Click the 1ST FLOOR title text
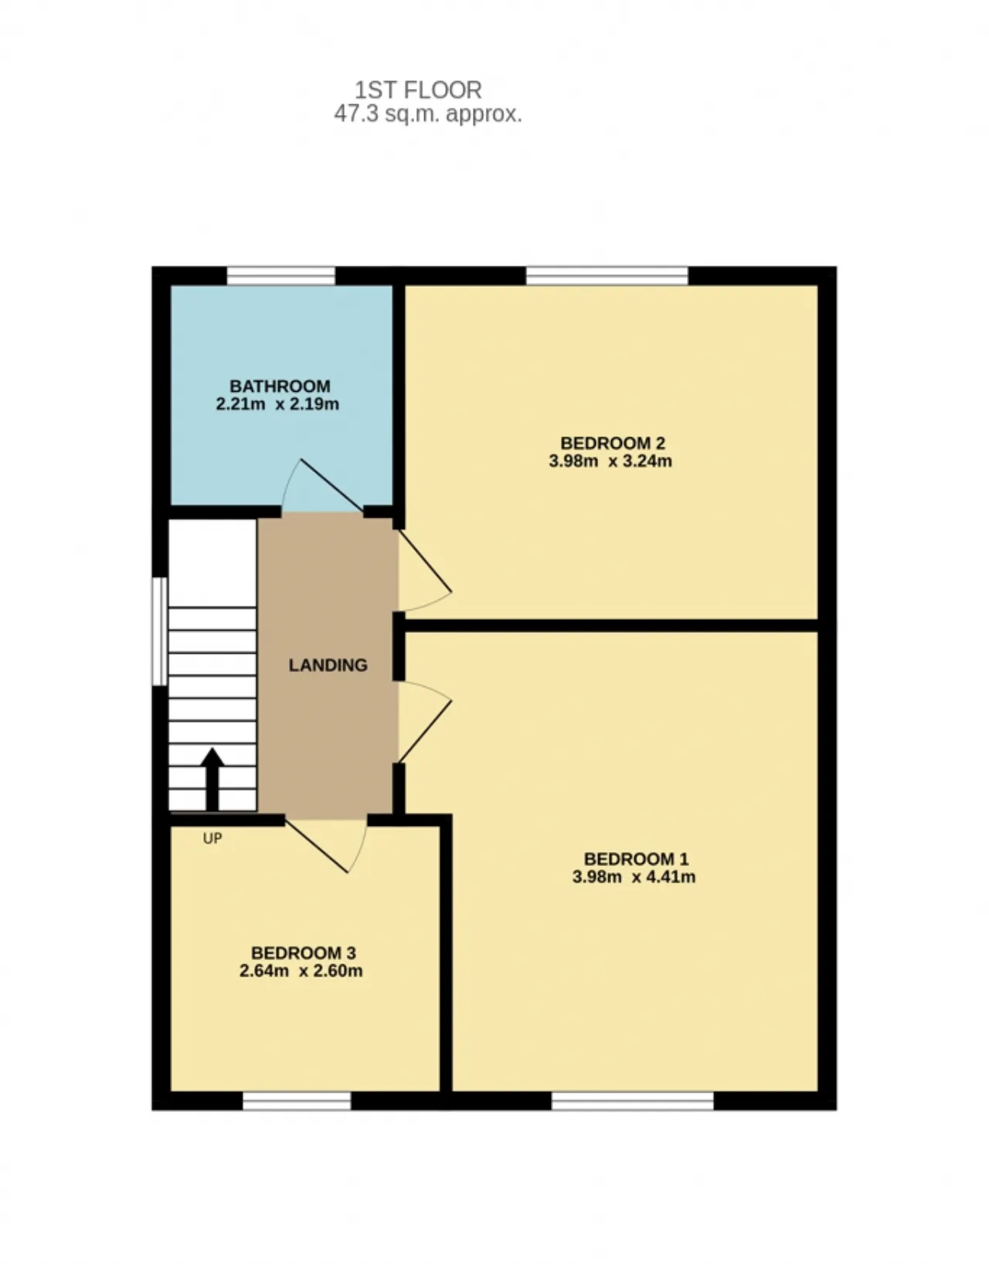418,90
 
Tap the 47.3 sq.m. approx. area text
427,114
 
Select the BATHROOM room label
280,386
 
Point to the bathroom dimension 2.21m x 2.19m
277,403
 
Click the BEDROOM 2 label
613,443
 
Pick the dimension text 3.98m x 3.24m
610,461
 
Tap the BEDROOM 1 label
636,858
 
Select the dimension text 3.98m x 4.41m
634,877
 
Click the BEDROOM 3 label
303,953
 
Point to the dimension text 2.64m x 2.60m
301,971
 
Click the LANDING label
328,665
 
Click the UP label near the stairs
212,838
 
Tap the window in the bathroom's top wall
281,276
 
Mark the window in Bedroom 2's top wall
607,276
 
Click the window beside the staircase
160,631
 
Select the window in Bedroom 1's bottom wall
632,1101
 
